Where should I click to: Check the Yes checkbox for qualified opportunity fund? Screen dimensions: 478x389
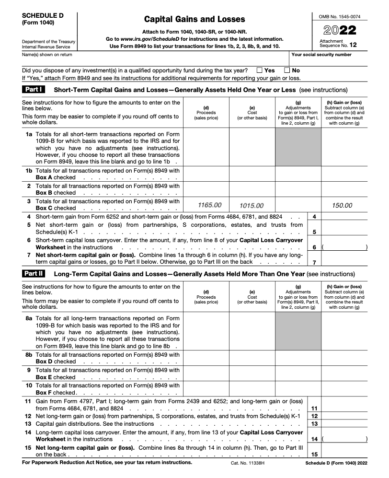[x=259, y=70]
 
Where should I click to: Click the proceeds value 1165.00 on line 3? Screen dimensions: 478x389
[x=210, y=205]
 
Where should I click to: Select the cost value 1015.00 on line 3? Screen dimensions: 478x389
[x=252, y=205]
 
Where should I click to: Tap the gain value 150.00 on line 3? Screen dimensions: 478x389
[x=342, y=205]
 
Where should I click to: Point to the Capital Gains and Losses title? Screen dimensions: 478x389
[x=194, y=19]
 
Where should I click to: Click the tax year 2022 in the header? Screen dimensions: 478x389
[x=340, y=31]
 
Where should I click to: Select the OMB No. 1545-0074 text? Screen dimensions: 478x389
[x=340, y=17]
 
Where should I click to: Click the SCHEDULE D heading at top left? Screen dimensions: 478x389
[x=43, y=15]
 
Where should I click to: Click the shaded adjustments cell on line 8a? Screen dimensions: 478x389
[x=298, y=331]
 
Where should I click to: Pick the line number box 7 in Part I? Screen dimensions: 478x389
[x=314, y=262]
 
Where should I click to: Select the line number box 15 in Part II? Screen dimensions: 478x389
[x=314, y=454]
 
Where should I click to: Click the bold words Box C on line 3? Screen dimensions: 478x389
[x=46, y=208]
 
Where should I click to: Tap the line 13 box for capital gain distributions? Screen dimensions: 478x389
[x=314, y=424]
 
